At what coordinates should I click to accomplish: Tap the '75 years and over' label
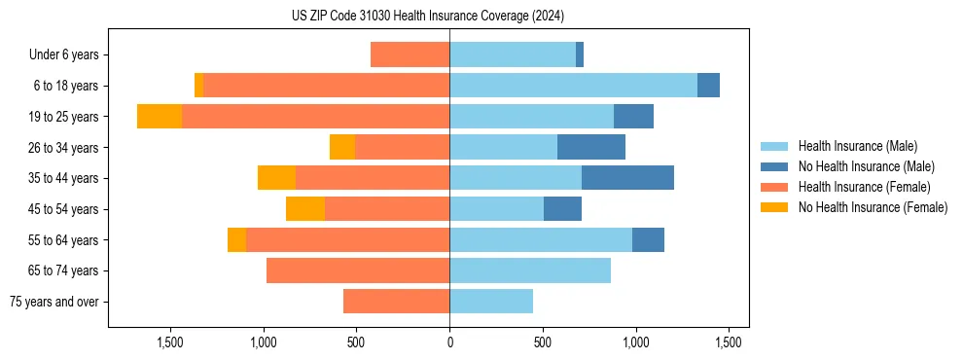pos(53,303)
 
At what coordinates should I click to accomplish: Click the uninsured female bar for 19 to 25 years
pos(160,117)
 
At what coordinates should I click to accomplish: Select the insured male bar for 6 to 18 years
pos(573,86)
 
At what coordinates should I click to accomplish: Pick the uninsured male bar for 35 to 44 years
pos(627,178)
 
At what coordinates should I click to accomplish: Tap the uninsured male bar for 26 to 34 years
pos(591,147)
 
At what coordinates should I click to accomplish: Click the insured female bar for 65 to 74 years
pos(358,270)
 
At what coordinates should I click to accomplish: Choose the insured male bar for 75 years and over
pos(491,302)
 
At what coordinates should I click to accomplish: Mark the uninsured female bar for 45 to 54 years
pos(305,209)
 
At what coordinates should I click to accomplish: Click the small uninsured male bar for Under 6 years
pos(580,54)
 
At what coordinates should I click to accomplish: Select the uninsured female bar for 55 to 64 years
pos(236,240)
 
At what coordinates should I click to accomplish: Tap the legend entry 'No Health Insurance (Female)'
pos(873,207)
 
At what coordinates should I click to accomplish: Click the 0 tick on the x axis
pos(449,342)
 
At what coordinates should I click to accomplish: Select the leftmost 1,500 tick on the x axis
pos(169,342)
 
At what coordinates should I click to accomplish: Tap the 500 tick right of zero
pos(543,342)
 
